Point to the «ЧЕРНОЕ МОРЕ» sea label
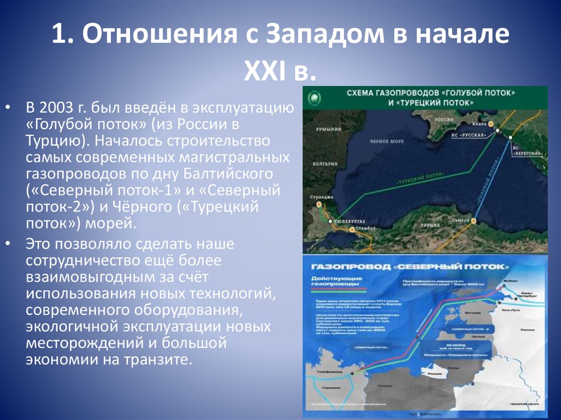pyautogui.click(x=389, y=141)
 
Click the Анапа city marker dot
pyautogui.click(x=491, y=124)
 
